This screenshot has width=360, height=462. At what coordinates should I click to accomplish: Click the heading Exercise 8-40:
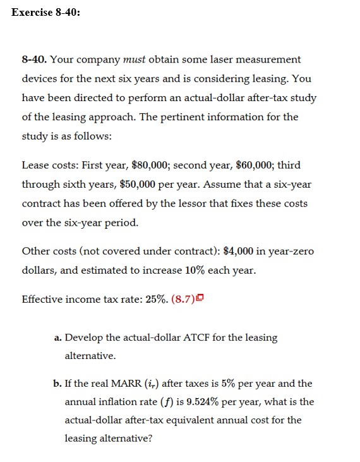[46, 13]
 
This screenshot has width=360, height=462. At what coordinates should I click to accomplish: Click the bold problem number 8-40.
[34, 59]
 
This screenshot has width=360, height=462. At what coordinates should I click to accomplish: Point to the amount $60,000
[256, 166]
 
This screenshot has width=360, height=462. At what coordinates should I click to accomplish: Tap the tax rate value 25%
[157, 299]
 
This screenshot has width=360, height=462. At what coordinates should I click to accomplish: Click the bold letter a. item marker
[58, 337]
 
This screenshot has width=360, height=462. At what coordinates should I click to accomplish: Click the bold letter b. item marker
[58, 384]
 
